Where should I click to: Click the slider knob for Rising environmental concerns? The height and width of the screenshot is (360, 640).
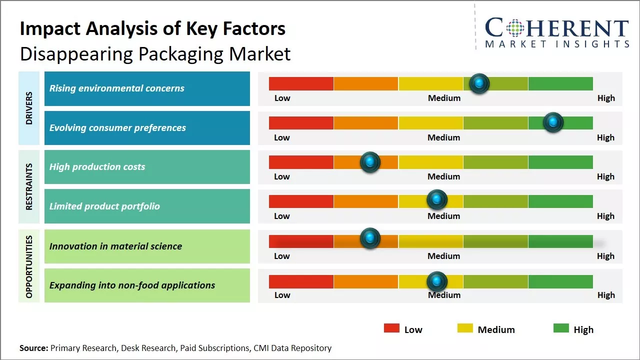click(479, 83)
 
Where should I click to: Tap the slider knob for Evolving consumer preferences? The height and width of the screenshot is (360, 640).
click(553, 122)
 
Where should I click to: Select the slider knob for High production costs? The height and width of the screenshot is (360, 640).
click(370, 162)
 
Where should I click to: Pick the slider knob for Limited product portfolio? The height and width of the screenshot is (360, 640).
click(437, 200)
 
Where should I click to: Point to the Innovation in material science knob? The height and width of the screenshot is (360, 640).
click(370, 238)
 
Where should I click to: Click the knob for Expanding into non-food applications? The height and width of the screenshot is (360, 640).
click(437, 281)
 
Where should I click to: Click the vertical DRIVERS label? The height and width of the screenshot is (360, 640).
click(29, 108)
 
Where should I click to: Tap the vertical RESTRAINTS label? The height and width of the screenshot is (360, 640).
click(29, 186)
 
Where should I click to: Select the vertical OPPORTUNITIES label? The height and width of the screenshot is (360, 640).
click(29, 266)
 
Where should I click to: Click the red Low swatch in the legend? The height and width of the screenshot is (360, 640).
click(391, 328)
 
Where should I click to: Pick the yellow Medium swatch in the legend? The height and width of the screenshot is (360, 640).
click(465, 328)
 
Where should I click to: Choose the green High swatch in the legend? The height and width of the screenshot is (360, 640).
click(561, 328)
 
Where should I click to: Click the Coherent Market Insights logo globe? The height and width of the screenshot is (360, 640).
click(515, 28)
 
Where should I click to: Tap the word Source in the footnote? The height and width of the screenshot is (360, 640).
click(33, 348)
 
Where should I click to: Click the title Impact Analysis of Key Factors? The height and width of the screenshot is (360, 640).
click(152, 28)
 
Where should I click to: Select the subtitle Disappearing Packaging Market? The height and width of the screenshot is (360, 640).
click(155, 53)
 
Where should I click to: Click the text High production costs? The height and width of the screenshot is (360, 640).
click(97, 167)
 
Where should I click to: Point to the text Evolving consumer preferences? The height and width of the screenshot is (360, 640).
click(117, 128)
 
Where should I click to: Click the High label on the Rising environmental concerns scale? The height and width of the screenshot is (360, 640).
click(606, 98)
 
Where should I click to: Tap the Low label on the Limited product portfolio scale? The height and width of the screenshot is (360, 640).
click(282, 216)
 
